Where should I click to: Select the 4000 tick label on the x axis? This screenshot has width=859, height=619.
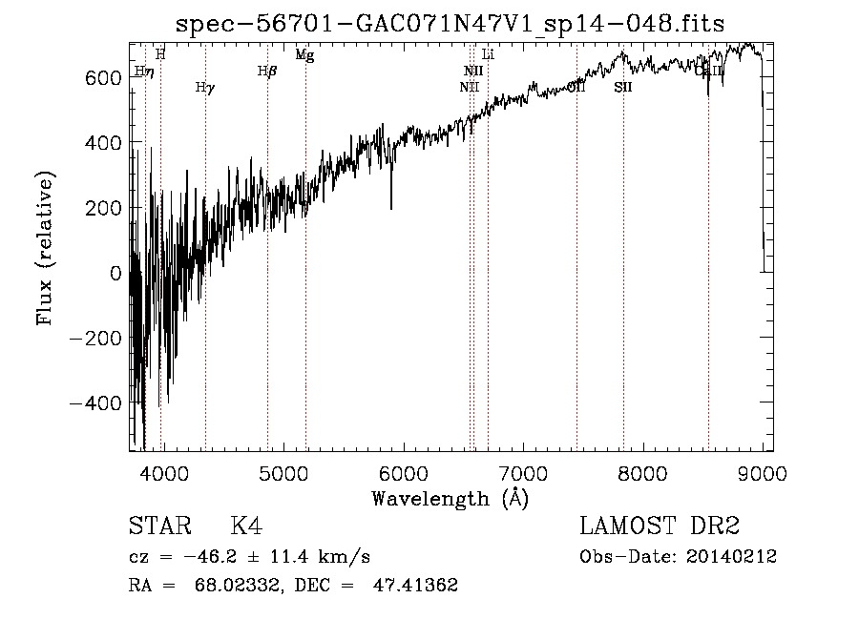coord(164,474)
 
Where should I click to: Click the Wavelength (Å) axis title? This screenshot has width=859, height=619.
coord(450,498)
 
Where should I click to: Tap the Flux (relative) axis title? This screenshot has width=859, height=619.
coord(45,248)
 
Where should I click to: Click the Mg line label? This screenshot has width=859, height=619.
coord(304,55)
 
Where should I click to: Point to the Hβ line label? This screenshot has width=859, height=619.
coord(267,71)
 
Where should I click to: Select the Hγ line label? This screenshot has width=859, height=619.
coord(204,88)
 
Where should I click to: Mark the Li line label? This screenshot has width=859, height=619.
coord(488,54)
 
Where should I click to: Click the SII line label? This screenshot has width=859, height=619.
coord(623,88)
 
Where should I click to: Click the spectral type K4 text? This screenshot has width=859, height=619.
coord(246,526)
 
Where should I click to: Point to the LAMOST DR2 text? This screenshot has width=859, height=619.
coord(660,526)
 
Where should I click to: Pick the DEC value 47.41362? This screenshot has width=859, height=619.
coord(416,586)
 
